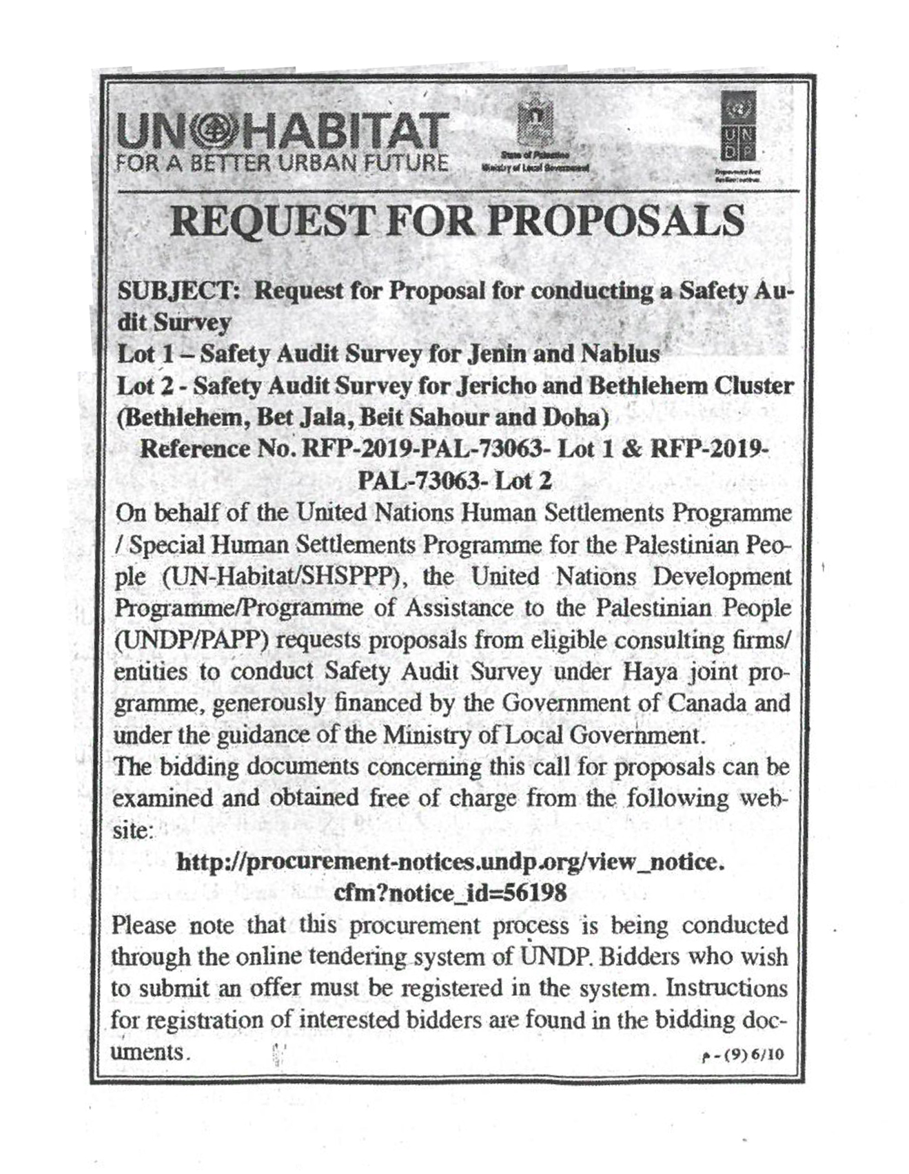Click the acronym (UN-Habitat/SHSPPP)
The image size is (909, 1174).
[x=282, y=577]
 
